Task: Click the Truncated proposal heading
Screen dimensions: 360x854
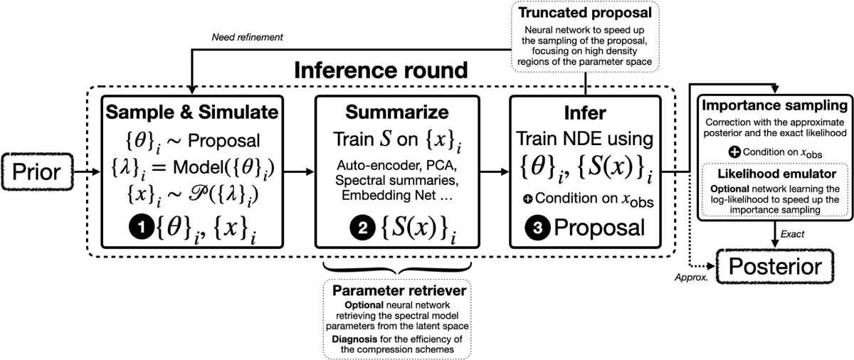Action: [585, 14]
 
